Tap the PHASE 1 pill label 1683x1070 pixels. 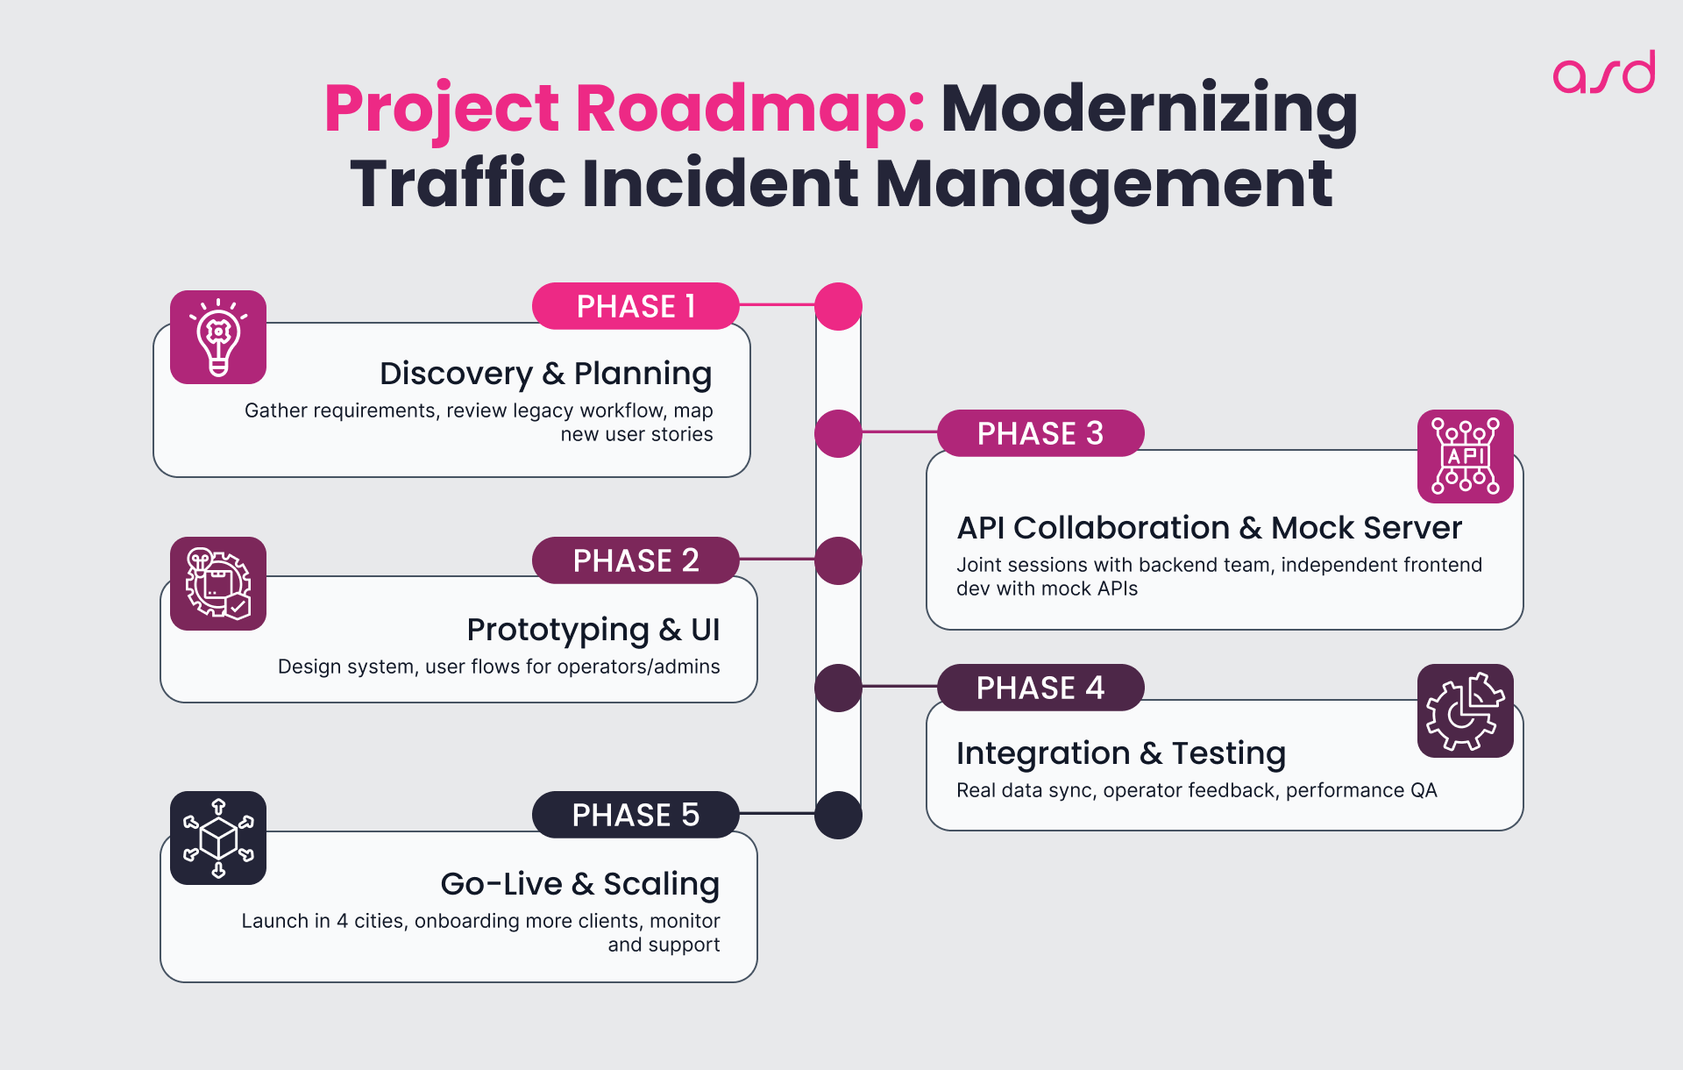[636, 306]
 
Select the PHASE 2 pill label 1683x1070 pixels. [636, 560]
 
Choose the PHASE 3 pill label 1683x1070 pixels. [1040, 433]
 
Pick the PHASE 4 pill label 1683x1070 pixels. [1040, 688]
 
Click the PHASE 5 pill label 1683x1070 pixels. [636, 815]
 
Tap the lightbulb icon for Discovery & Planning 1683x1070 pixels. [218, 338]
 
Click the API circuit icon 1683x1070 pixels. [1465, 456]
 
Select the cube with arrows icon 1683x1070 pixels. [218, 838]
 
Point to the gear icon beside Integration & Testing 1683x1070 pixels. [1465, 710]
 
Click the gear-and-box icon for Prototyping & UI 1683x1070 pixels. [218, 584]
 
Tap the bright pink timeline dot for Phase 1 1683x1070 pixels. [838, 306]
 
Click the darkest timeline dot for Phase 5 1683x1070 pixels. [838, 815]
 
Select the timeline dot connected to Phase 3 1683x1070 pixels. [838, 433]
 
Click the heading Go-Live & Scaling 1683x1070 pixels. [579, 883]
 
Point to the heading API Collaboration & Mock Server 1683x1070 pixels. [1209, 528]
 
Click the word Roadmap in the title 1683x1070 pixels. [749, 109]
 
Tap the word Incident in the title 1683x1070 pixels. [720, 183]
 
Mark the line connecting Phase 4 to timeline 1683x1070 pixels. [899, 686]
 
